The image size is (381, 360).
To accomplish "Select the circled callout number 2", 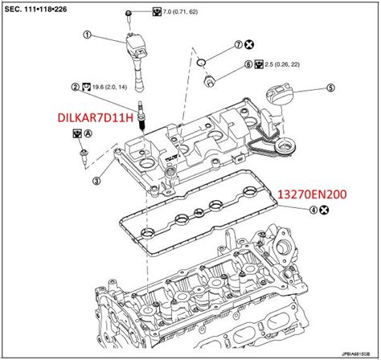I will (x=75, y=84).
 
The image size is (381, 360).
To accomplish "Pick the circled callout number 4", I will (x=310, y=211).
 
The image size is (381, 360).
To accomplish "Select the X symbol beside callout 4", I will (x=323, y=211).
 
